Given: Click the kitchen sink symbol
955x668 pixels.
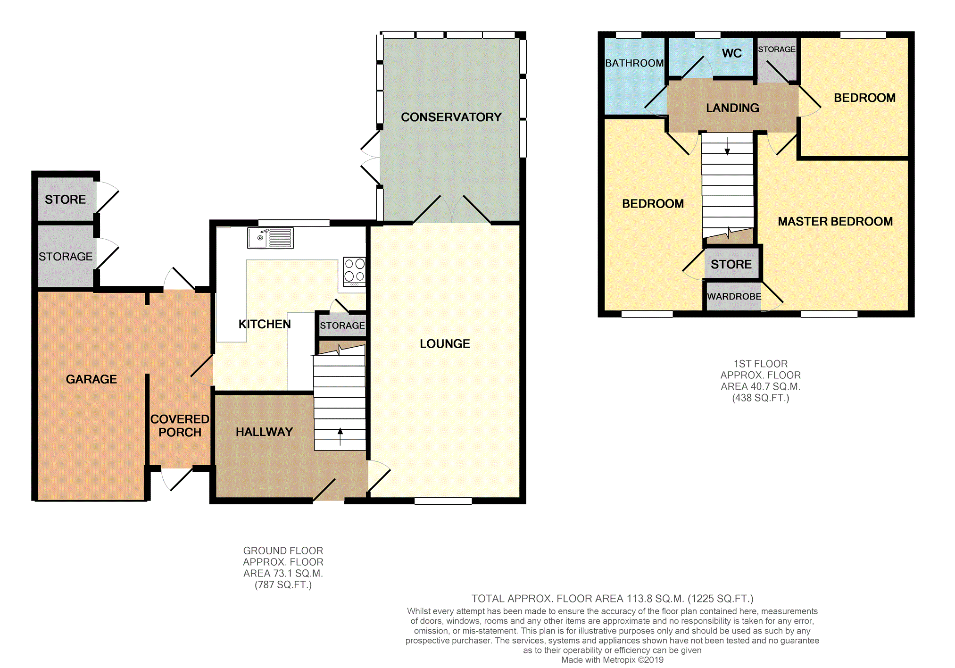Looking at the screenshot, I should pyautogui.click(x=270, y=238).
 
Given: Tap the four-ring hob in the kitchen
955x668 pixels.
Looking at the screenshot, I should pyautogui.click(x=354, y=271).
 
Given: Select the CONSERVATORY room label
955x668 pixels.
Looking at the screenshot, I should pyautogui.click(x=451, y=117).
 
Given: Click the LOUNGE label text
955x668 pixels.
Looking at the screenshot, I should pyautogui.click(x=445, y=343).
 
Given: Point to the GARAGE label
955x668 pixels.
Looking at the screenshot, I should pyautogui.click(x=91, y=379).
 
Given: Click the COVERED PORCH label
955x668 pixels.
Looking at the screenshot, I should pyautogui.click(x=180, y=426).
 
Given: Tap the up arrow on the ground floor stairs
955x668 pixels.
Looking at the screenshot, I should pyautogui.click(x=340, y=436).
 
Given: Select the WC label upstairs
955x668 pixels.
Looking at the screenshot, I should pyautogui.click(x=731, y=53).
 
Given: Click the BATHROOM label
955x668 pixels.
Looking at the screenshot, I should pyautogui.click(x=634, y=63).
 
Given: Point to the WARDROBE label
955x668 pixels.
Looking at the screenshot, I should pyautogui.click(x=734, y=297).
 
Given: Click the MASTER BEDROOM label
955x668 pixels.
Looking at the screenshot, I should pyautogui.click(x=835, y=221).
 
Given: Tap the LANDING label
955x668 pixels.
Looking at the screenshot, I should pyautogui.click(x=732, y=108).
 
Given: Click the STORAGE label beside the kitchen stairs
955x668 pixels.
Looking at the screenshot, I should pyautogui.click(x=342, y=326).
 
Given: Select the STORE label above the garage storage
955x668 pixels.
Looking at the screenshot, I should pyautogui.click(x=65, y=200).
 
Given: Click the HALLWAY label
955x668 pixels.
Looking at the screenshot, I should pyautogui.click(x=264, y=432).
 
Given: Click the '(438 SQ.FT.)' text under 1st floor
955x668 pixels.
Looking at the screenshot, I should pyautogui.click(x=760, y=398).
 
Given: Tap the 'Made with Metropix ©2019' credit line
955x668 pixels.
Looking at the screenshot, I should pyautogui.click(x=612, y=660).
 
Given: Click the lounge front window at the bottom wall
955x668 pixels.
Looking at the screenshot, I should pyautogui.click(x=443, y=501).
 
